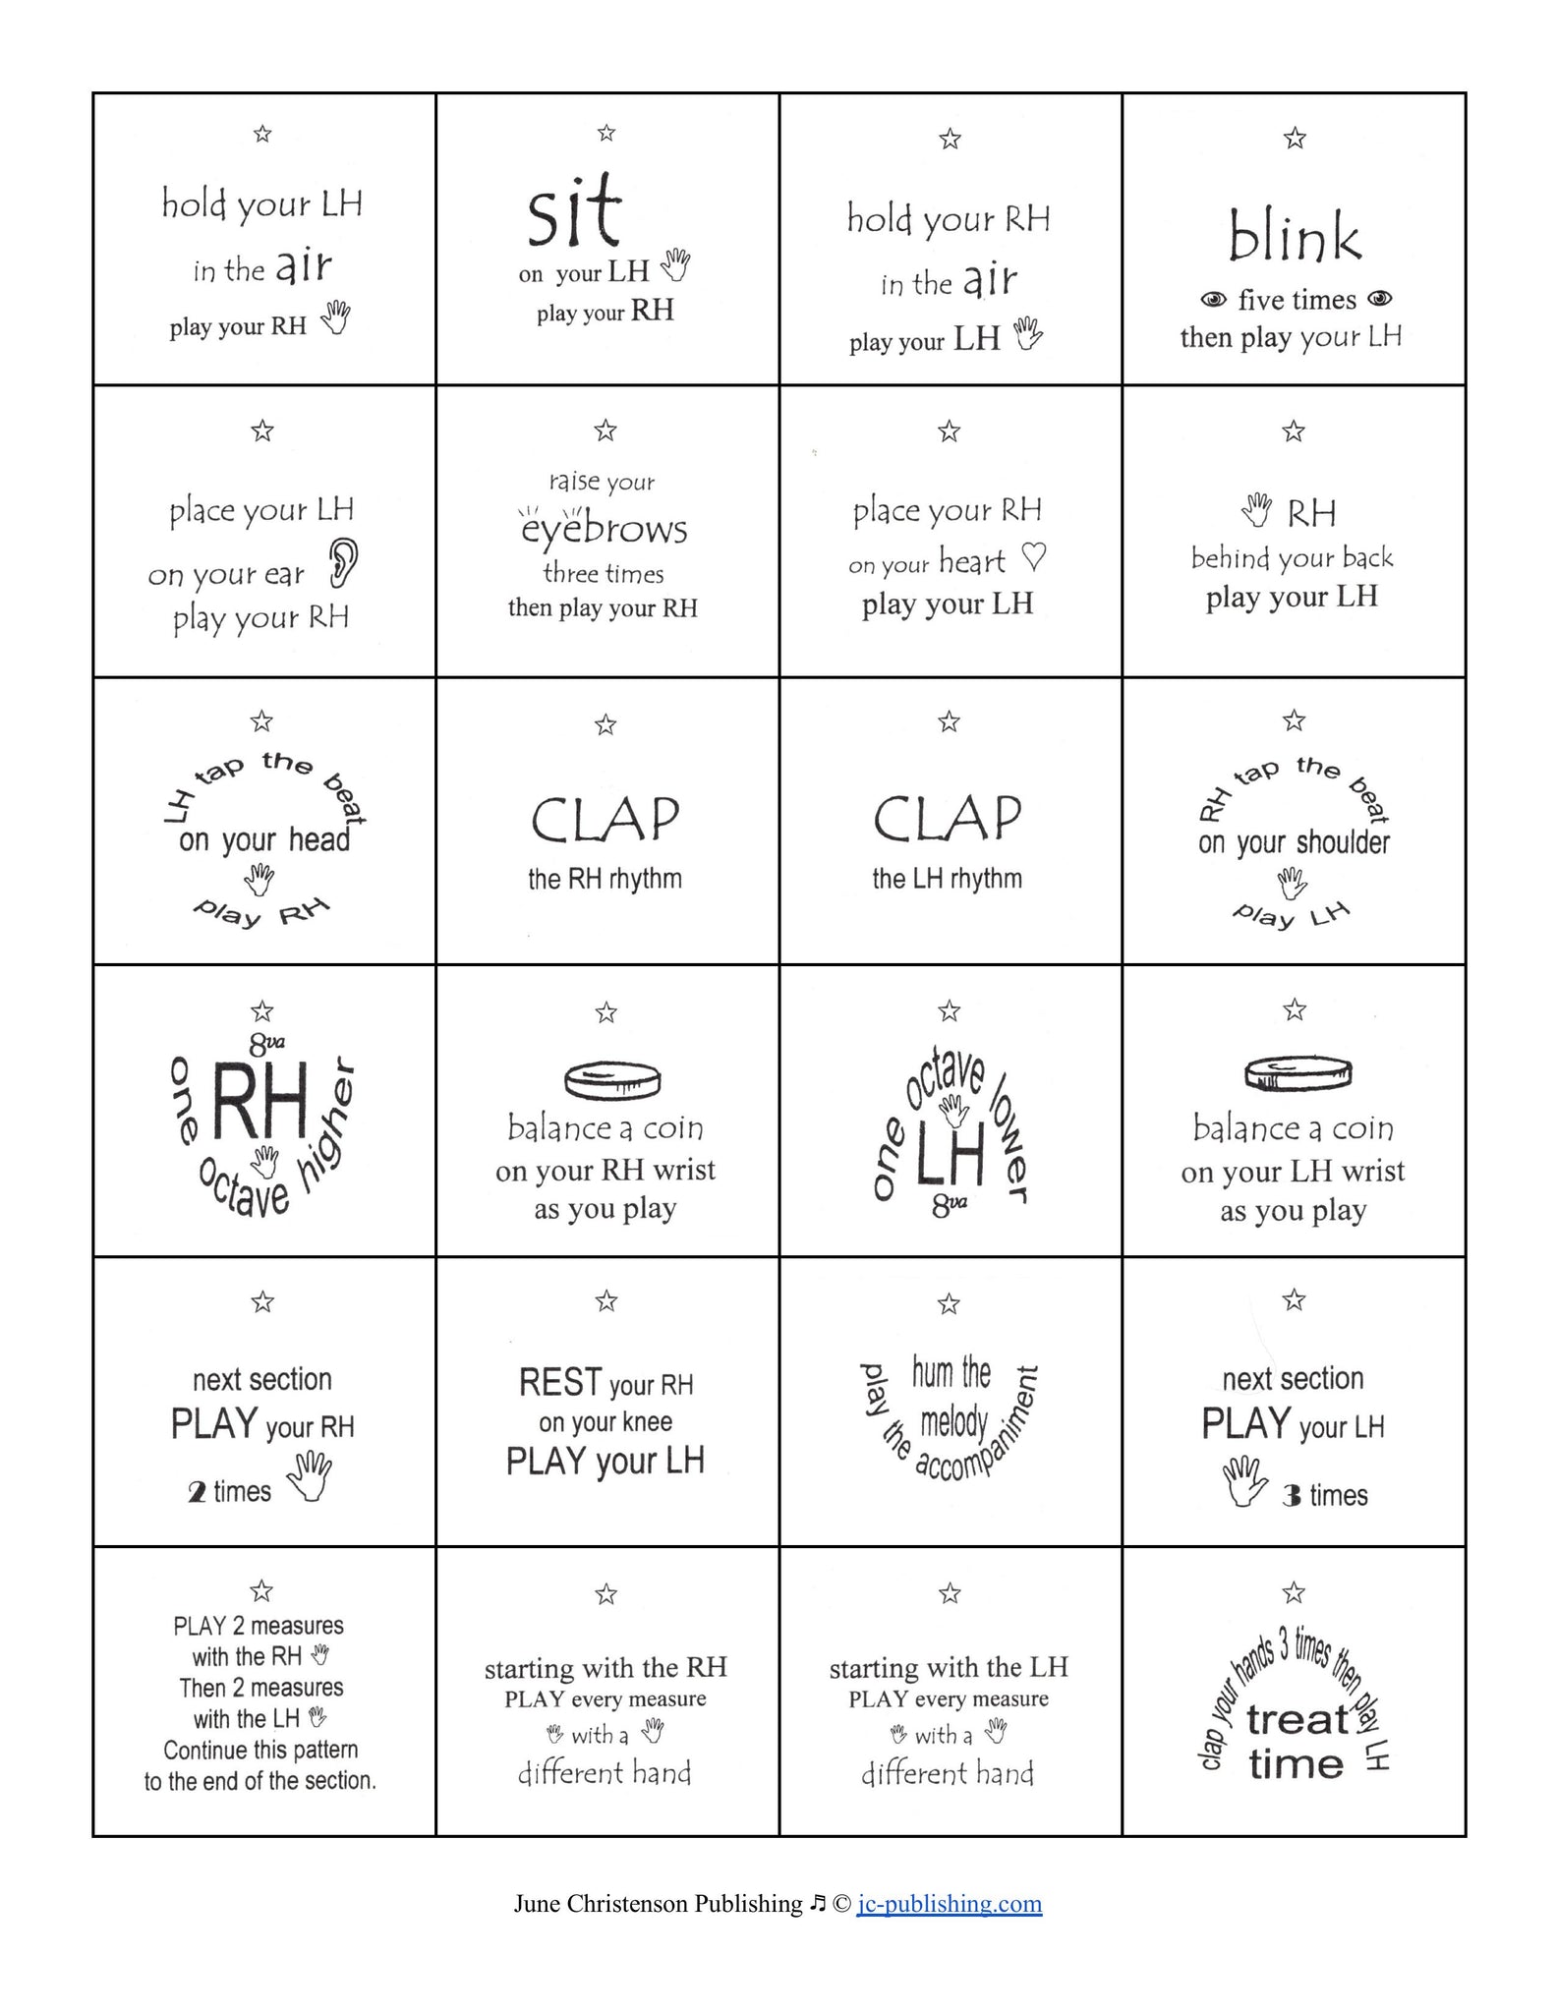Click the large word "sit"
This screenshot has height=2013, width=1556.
click(575, 211)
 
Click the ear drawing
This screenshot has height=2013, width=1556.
click(342, 563)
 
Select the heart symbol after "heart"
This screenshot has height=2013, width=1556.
click(1034, 558)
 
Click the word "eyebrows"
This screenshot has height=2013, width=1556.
click(604, 529)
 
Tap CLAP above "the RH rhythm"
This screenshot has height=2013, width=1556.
click(605, 820)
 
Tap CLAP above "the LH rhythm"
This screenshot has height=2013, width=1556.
click(948, 819)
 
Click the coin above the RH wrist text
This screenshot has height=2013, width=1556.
click(611, 1080)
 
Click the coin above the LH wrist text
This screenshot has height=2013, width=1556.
click(1297, 1074)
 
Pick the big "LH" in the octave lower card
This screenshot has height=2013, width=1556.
click(950, 1159)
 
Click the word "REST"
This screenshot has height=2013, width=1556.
click(559, 1382)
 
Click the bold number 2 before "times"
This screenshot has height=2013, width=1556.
click(197, 1492)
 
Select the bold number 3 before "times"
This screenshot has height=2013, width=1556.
click(1292, 1496)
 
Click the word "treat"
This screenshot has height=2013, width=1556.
click(1297, 1719)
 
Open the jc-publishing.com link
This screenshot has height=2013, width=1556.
click(949, 1904)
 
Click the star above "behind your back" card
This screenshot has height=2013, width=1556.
click(1294, 431)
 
